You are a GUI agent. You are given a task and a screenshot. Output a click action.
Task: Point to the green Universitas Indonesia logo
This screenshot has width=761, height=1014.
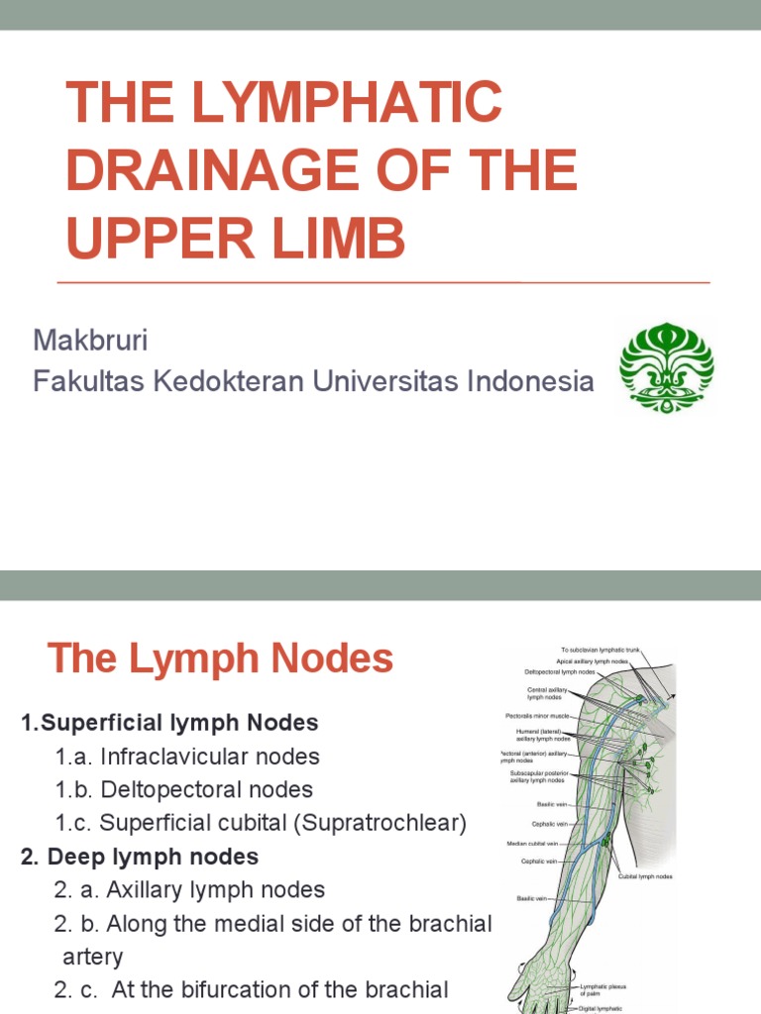pos(666,366)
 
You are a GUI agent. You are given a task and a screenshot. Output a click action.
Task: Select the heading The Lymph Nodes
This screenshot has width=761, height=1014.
pos(220,659)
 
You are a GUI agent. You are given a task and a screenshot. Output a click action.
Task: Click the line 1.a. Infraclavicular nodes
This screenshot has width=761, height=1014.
pos(187,758)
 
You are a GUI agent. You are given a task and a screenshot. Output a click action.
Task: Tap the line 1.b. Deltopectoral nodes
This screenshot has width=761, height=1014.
pos(184,790)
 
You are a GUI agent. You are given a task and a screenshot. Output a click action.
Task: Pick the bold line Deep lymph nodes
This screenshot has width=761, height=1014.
pos(147,857)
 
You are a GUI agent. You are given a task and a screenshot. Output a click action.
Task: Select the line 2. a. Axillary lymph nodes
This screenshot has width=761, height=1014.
pos(189,890)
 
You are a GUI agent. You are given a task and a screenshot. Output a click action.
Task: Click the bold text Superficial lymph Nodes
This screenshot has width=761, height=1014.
pos(176,724)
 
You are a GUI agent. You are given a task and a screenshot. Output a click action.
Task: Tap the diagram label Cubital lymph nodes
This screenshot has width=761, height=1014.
pos(646,876)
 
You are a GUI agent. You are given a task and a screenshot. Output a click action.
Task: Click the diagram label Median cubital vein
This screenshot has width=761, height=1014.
pos(531,843)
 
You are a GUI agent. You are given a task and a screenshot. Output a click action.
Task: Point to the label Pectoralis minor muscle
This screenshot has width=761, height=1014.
pos(537,714)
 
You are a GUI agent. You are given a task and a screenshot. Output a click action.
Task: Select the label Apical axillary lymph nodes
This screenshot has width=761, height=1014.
pos(592,660)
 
